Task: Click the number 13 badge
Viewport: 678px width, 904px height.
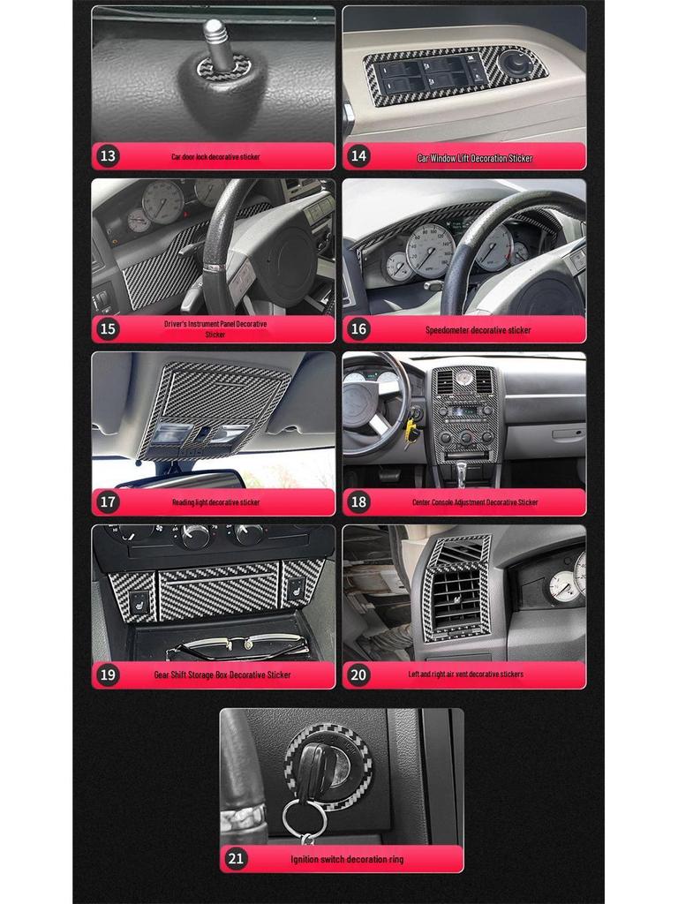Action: (108, 156)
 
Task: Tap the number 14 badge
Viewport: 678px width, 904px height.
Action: (358, 156)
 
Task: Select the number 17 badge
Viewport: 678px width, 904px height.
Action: (108, 502)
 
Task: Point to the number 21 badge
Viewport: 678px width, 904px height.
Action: (236, 858)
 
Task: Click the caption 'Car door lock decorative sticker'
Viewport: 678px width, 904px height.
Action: (215, 157)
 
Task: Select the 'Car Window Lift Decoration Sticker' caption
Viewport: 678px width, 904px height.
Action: (475, 158)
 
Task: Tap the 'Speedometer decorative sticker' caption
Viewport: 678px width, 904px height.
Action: (478, 330)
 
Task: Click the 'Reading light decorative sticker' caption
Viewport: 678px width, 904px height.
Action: (215, 502)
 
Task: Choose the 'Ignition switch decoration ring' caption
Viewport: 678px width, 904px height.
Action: (347, 859)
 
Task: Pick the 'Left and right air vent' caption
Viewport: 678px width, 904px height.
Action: (465, 674)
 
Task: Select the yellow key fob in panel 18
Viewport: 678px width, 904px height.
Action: (410, 430)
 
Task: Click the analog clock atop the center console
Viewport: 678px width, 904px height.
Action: (464, 377)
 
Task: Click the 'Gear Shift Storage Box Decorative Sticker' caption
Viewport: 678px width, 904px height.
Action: (222, 675)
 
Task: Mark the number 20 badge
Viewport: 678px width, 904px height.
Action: (358, 674)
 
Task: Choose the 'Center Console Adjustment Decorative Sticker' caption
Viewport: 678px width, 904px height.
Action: (475, 502)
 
